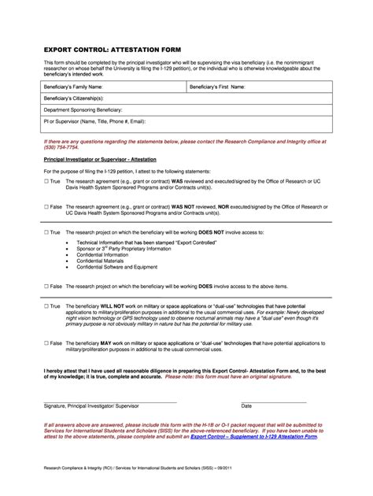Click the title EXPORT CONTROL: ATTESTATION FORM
(113, 49)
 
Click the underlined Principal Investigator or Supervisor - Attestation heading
(100, 159)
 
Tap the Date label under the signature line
(246, 405)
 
